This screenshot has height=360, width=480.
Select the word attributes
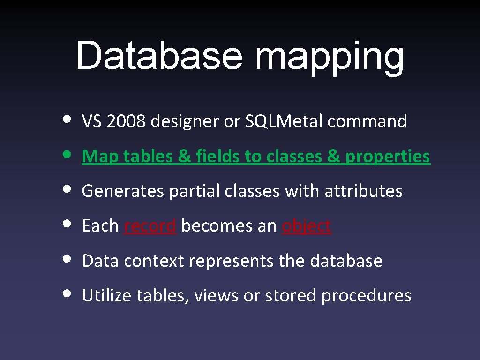click(x=363, y=191)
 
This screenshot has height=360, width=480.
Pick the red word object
click(x=307, y=226)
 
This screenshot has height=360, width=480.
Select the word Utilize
click(x=107, y=295)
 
